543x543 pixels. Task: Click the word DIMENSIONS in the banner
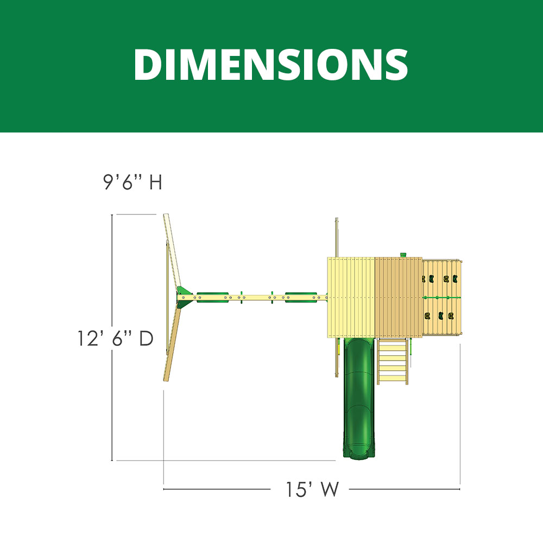(271, 65)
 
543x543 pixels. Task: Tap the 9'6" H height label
(132, 181)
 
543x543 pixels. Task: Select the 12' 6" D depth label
(115, 338)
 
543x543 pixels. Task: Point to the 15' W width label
(312, 489)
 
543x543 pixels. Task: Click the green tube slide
(359, 398)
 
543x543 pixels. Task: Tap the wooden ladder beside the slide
(393, 361)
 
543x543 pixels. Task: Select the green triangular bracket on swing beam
(184, 297)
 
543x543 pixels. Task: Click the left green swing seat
(213, 297)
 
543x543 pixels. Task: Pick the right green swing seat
(301, 297)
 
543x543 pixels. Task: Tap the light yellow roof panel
(351, 297)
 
